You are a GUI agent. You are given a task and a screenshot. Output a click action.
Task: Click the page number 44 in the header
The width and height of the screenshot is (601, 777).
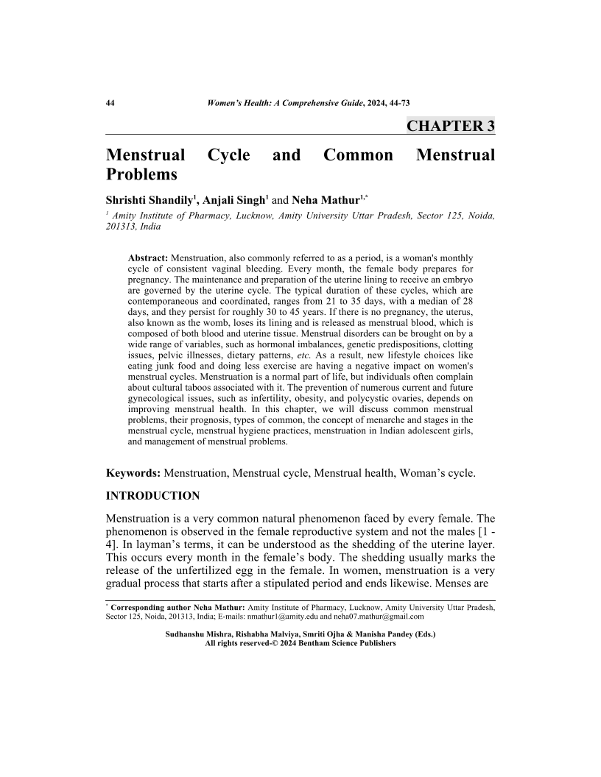pyautogui.click(x=110, y=102)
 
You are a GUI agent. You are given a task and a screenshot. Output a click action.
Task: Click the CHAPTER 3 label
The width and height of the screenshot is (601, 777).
pyautogui.click(x=450, y=126)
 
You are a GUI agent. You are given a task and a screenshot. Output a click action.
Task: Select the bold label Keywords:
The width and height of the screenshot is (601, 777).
pyautogui.click(x=133, y=472)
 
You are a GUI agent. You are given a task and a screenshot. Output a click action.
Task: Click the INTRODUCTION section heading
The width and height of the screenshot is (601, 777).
pyautogui.click(x=152, y=495)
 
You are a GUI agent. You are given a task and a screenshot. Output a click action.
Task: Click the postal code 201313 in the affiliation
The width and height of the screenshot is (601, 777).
pyautogui.click(x=121, y=227)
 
